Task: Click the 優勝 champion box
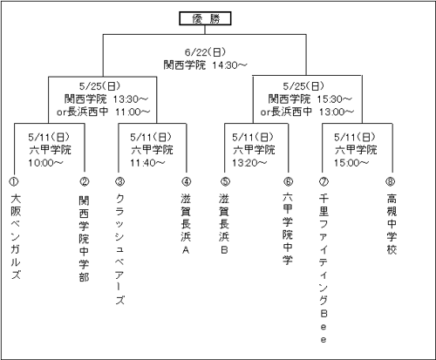tap(205, 18)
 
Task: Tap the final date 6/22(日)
tap(206, 52)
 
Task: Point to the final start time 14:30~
tap(229, 65)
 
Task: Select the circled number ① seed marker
tap(14, 181)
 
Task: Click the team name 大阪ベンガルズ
tap(16, 237)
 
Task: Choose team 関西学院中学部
tap(84, 239)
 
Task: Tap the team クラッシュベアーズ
tap(119, 249)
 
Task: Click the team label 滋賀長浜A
tap(186, 224)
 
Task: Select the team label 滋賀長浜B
tap(224, 224)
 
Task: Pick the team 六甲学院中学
tap(288, 228)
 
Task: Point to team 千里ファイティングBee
tap(324, 268)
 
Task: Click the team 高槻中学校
tap(392, 224)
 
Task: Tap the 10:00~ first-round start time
tap(45, 163)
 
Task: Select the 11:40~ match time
tap(147, 163)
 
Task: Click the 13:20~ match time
tap(249, 163)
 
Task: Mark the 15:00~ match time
tap(351, 163)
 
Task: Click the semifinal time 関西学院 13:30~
tap(106, 99)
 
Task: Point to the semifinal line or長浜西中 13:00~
tap(307, 112)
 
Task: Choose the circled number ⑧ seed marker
tap(391, 181)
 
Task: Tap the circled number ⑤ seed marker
tap(225, 181)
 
